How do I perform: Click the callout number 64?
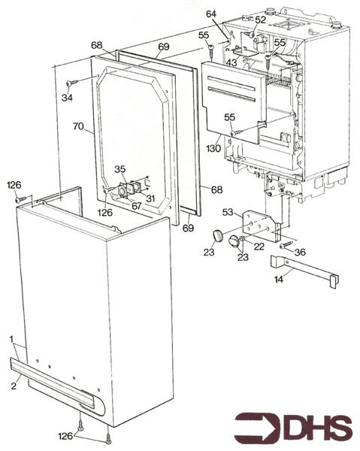[x=210, y=14]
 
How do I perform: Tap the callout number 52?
[x=260, y=20]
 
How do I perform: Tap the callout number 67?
[x=137, y=205]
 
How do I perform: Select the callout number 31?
[x=151, y=198]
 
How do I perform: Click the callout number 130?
[x=213, y=148]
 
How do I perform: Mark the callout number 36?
[x=300, y=253]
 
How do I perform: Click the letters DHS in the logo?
[x=316, y=428]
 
